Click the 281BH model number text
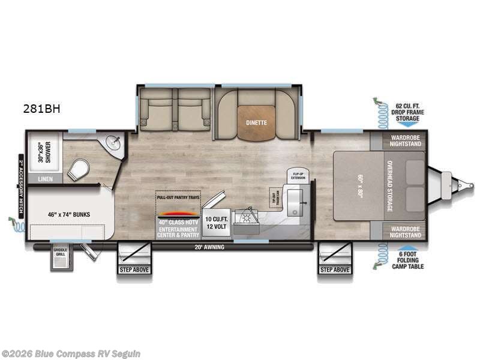click(x=42, y=109)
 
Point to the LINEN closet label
click(x=45, y=179)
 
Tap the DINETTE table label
click(x=256, y=123)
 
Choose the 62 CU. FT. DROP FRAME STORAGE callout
click(x=408, y=112)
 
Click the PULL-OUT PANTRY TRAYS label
click(x=178, y=197)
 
